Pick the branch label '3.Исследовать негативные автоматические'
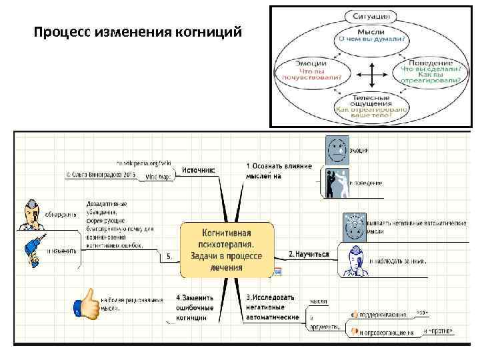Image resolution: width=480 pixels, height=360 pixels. pos(273,307)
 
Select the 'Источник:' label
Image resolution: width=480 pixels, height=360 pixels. pos(199,170)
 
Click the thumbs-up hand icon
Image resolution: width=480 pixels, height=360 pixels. pos(85,305)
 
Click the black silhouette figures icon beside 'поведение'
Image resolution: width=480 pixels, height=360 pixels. pos(336,183)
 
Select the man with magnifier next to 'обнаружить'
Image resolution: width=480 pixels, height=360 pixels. pos(31,214)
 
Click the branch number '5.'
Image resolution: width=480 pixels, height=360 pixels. pos(169,255)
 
